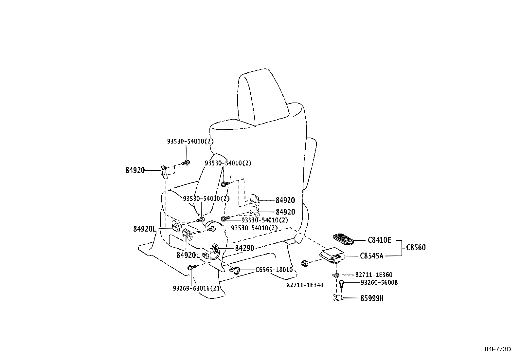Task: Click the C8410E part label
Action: tap(379, 240)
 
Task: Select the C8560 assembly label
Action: tap(416, 248)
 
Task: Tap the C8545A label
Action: tap(371, 256)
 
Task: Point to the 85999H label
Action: tap(372, 298)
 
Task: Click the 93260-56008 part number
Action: tap(379, 282)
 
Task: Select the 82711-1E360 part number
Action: tap(374, 275)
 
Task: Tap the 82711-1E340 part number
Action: tap(305, 285)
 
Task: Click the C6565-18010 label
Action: tap(274, 270)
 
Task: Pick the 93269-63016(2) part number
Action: tap(196, 288)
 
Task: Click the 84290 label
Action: tap(244, 248)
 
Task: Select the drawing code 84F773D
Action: tap(498, 349)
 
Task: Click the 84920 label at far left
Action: tap(135, 170)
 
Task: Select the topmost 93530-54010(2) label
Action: tap(190, 141)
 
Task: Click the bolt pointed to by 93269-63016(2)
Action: tap(191, 268)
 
